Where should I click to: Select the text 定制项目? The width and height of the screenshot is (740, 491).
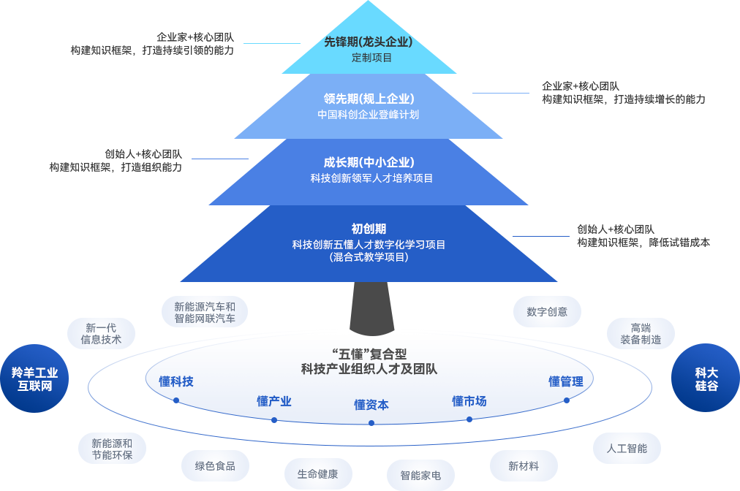pos(372,58)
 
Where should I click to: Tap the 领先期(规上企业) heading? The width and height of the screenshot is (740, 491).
pos(369,98)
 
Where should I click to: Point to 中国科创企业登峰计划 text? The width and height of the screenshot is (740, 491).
pos(368,115)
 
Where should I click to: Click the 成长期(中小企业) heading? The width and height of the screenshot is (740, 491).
pos(369,162)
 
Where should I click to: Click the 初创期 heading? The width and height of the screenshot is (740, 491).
pos(369,229)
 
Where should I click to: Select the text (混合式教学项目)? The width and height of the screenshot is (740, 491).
pos(369,257)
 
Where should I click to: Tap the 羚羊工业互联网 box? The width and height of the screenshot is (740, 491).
pos(34,378)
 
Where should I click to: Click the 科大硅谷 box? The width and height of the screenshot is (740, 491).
pos(706,378)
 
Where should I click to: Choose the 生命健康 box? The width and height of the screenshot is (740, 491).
pos(317,473)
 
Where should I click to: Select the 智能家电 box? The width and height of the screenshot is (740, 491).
pos(420,475)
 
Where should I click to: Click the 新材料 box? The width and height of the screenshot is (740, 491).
pos(523,465)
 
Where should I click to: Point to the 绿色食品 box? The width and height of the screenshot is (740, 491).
pos(215,465)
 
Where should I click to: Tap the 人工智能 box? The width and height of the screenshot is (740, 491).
pos(627,448)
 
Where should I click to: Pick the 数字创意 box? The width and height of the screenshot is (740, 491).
pos(546,311)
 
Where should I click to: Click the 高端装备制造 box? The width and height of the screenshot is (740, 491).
pos(641,333)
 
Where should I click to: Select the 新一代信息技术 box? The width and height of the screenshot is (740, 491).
pos(101,333)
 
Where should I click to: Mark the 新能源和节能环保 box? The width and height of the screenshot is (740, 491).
pos(112,449)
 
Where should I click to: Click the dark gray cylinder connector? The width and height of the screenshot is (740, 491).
pos(372,308)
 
